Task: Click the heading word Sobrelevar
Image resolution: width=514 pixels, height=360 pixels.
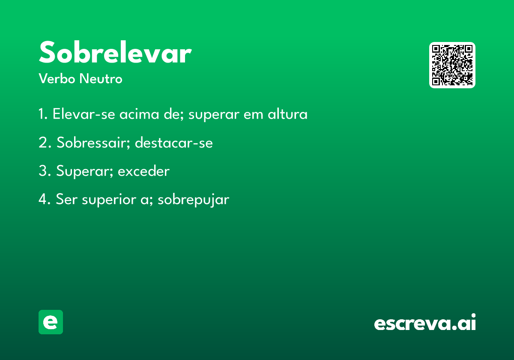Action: [x=115, y=52]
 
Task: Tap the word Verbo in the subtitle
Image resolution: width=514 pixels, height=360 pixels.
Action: [x=57, y=78]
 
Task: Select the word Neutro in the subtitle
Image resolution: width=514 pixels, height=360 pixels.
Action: [x=101, y=78]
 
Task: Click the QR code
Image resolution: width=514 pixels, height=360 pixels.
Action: [x=452, y=65]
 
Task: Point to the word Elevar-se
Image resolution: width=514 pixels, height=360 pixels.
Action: [x=84, y=114]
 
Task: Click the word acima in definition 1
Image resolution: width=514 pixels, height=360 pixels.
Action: [x=139, y=114]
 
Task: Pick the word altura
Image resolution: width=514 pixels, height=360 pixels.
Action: [x=287, y=114]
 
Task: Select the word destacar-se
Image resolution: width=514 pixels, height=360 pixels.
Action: [x=174, y=143]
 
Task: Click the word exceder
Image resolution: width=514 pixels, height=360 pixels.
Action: [x=143, y=171]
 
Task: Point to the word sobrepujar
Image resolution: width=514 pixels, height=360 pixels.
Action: [x=194, y=199]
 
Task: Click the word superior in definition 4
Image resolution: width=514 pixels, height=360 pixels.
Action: [x=109, y=200]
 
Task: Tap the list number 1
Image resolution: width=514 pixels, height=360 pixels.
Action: [x=43, y=114]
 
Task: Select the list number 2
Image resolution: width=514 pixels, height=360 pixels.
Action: [x=45, y=142]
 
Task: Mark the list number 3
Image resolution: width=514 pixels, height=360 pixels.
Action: [x=45, y=171]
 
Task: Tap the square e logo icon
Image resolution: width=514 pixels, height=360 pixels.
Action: [x=51, y=322]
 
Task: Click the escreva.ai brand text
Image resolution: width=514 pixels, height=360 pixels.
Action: [x=425, y=322]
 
